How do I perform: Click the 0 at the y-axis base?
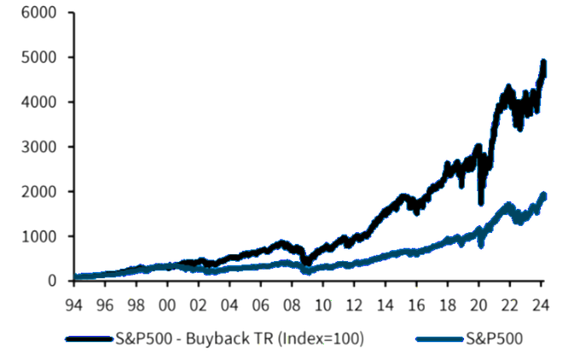click(x=53, y=281)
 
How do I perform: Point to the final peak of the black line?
click(x=543, y=63)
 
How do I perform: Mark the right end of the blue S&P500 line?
click(x=544, y=196)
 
